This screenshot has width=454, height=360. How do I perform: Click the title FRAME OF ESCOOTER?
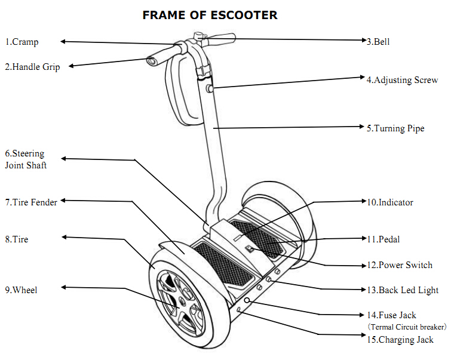click(210, 16)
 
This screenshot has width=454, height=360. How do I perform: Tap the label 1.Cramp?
click(22, 42)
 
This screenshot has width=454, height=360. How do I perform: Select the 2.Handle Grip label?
click(32, 67)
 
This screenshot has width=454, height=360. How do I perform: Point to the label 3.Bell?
click(378, 42)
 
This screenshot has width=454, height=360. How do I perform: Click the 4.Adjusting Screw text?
click(402, 80)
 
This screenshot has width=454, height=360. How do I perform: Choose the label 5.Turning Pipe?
click(395, 128)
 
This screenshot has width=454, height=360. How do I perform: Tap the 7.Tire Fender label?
click(31, 202)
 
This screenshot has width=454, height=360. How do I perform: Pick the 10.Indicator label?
click(390, 202)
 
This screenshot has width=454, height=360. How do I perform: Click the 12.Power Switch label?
click(400, 265)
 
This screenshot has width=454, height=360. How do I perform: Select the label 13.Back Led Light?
click(403, 290)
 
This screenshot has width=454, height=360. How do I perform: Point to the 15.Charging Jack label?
click(400, 340)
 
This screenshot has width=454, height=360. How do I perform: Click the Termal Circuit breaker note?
click(407, 327)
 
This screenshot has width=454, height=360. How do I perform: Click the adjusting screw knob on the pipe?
click(210, 88)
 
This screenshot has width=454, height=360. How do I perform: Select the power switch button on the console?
click(250, 249)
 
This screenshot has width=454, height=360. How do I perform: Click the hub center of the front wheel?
click(182, 301)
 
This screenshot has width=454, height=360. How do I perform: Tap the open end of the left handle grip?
click(151, 61)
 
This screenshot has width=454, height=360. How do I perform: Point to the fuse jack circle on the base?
click(247, 300)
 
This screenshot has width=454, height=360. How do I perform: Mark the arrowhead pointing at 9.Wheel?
click(64, 287)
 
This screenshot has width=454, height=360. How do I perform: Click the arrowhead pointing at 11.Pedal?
click(364, 238)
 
